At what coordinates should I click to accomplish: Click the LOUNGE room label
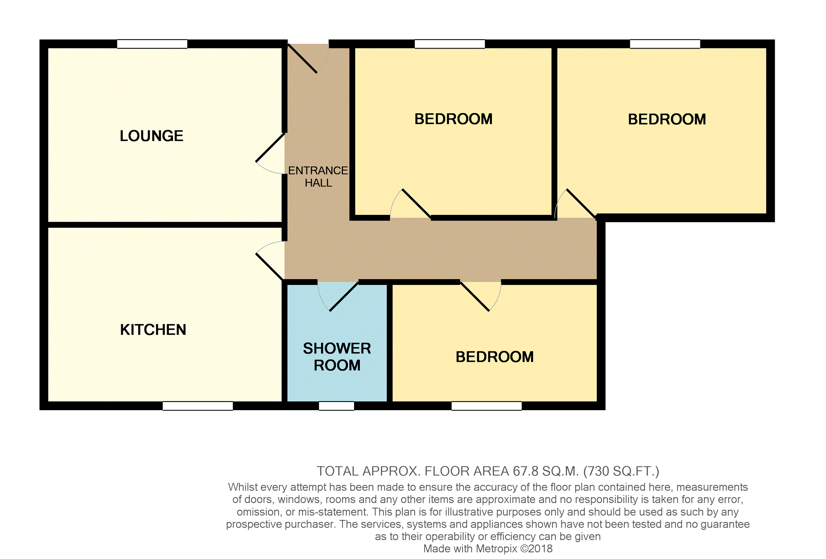[151, 136]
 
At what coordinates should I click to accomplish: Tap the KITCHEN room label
[153, 329]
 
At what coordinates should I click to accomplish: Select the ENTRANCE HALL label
[318, 177]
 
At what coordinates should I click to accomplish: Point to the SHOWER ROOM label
[337, 357]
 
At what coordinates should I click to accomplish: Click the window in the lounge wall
[152, 44]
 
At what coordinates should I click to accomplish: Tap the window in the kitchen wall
[198, 406]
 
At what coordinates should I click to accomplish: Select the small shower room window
[337, 406]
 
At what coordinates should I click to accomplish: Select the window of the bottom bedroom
[487, 406]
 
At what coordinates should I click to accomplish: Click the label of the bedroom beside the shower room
[494, 357]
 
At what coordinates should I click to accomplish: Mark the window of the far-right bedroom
[665, 44]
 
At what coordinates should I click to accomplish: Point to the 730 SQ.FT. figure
[621, 471]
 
